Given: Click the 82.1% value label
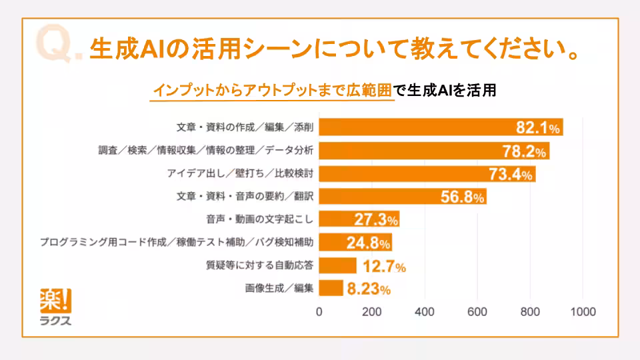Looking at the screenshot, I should [x=539, y=127].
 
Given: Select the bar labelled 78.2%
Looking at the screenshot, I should [x=433, y=151].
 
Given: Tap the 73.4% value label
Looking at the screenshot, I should [x=511, y=175].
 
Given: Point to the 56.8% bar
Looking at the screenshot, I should [x=403, y=197].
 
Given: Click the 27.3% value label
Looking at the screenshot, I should [x=373, y=219].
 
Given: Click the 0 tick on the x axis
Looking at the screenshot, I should [x=319, y=311].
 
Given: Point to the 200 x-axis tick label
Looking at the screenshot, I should [x=371, y=311].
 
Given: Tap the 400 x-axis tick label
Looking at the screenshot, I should [x=424, y=311].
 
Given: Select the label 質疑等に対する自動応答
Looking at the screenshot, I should [x=260, y=265].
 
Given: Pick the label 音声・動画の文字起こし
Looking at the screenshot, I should [x=260, y=219].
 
